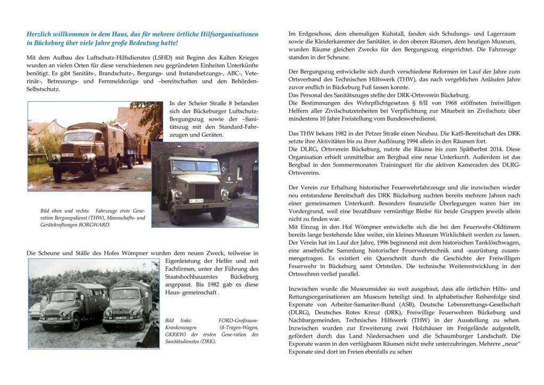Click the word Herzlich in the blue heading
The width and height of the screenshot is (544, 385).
(39, 34)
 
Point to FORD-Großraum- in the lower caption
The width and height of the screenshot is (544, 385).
(238, 321)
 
